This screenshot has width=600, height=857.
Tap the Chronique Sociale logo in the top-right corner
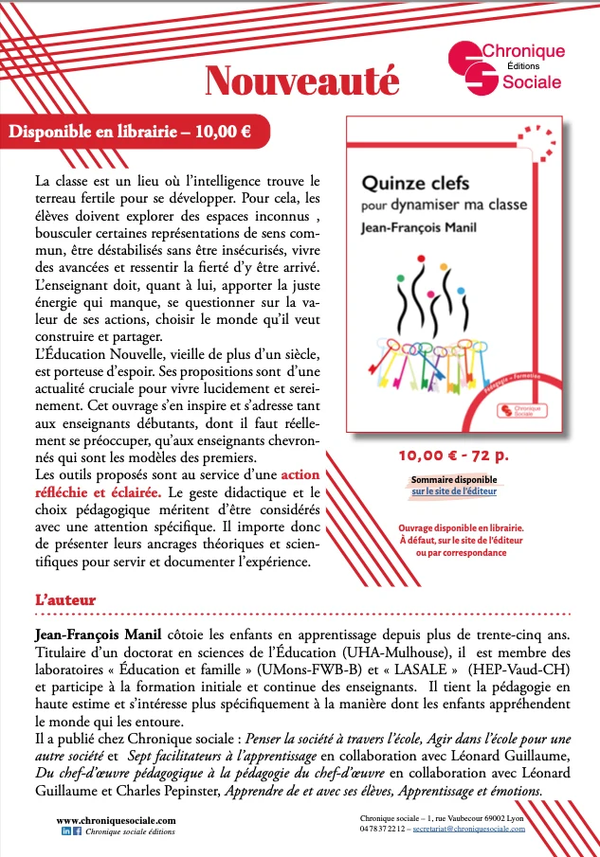pyautogui.click(x=506, y=67)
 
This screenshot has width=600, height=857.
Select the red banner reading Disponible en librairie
pyautogui.click(x=130, y=132)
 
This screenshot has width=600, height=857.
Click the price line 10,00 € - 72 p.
pyautogui.click(x=452, y=455)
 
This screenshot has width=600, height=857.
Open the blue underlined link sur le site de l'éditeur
pyautogui.click(x=453, y=492)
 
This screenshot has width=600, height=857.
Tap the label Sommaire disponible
pyautogui.click(x=453, y=480)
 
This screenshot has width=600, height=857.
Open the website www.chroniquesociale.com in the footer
pyautogui.click(x=116, y=820)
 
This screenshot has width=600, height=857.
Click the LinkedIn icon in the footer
pyautogui.click(x=66, y=830)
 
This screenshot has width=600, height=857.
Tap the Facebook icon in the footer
pyautogui.click(x=77, y=830)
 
